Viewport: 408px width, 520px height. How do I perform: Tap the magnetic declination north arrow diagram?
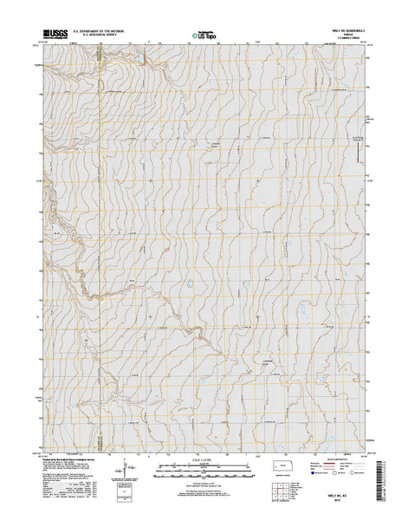(133, 471)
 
